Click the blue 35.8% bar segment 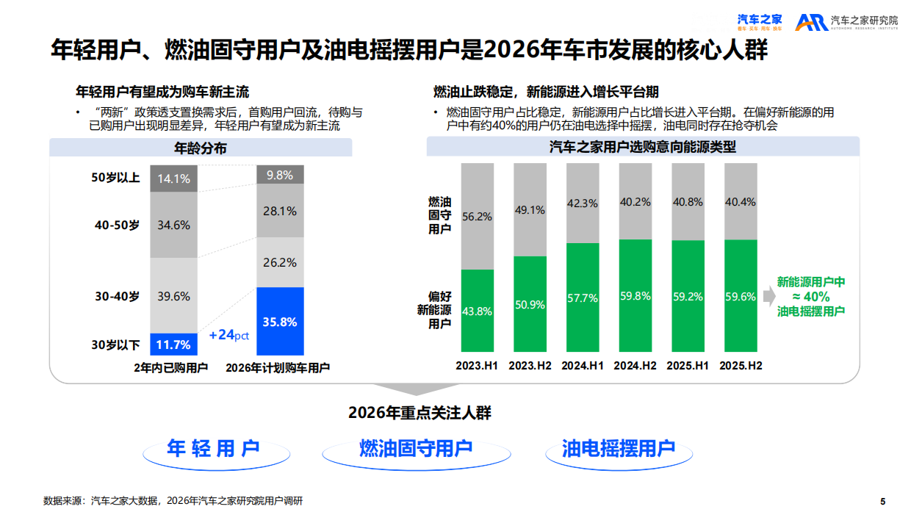coord(280,321)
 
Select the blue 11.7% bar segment coord(174,344)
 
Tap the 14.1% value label coord(174,179)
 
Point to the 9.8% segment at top coord(280,175)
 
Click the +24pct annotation coord(229,335)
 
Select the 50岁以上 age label coord(115,178)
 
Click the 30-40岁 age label coord(116,296)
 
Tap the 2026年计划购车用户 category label coord(278,367)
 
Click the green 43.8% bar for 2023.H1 coord(477,311)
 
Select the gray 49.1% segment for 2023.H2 coord(530,210)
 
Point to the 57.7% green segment coord(583,298)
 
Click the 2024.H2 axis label coord(635,366)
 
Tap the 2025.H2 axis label coord(741,366)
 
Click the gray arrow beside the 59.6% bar coord(767,297)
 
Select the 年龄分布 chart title coord(201,148)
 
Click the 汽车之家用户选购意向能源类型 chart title coord(643,147)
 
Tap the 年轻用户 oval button coord(214,449)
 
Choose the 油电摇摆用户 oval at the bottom coord(619,449)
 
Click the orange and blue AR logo coord(811,23)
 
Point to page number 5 coord(882,501)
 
